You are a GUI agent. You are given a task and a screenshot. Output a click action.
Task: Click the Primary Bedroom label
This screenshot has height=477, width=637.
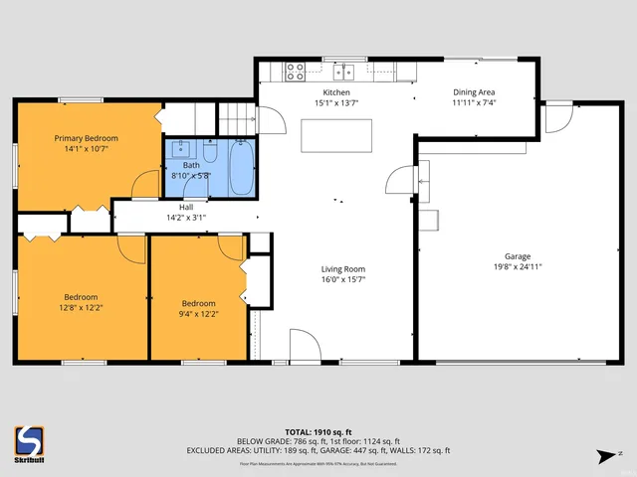click(x=86, y=138)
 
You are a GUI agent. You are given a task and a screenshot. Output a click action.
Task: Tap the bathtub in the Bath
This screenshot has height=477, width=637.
click(x=242, y=169)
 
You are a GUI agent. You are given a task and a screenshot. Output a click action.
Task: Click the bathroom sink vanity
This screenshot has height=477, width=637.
click(x=180, y=150)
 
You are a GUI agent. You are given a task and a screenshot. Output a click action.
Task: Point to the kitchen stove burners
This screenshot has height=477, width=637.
click(x=296, y=71)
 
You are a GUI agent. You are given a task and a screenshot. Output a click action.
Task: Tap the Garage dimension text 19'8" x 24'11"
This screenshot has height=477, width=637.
click(x=518, y=265)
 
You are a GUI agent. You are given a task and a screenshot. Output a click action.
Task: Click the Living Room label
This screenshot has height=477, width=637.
click(x=342, y=268)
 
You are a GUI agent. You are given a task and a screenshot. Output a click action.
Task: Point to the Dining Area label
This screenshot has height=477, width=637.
click(x=474, y=91)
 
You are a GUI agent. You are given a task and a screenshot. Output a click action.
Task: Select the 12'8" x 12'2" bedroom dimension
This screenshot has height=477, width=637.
click(x=82, y=307)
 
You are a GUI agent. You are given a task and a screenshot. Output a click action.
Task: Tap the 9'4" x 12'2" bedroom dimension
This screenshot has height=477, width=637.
click(x=198, y=313)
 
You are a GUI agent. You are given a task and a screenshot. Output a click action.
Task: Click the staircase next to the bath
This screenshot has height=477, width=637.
click(x=237, y=119)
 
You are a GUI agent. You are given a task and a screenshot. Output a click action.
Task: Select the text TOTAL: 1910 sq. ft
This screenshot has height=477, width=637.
click(x=318, y=431)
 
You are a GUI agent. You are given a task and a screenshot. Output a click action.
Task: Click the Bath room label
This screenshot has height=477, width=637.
click(x=190, y=165)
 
